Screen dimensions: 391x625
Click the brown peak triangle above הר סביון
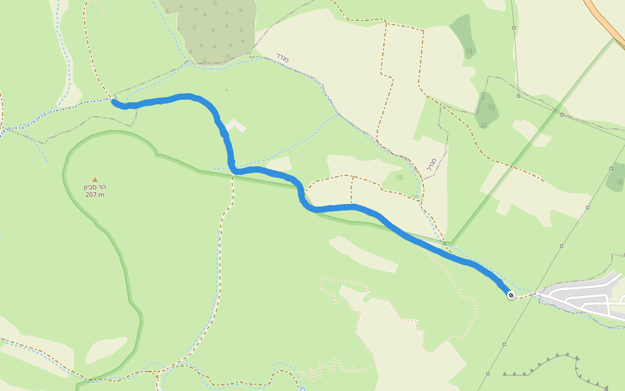[x=95, y=179]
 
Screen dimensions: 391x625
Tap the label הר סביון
[x=95, y=187]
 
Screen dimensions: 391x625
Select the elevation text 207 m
[x=94, y=195]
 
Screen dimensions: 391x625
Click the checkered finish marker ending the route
[x=511, y=295]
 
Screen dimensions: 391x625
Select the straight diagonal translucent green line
[x=534, y=137]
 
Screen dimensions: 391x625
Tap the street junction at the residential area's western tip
[x=538, y=295]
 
